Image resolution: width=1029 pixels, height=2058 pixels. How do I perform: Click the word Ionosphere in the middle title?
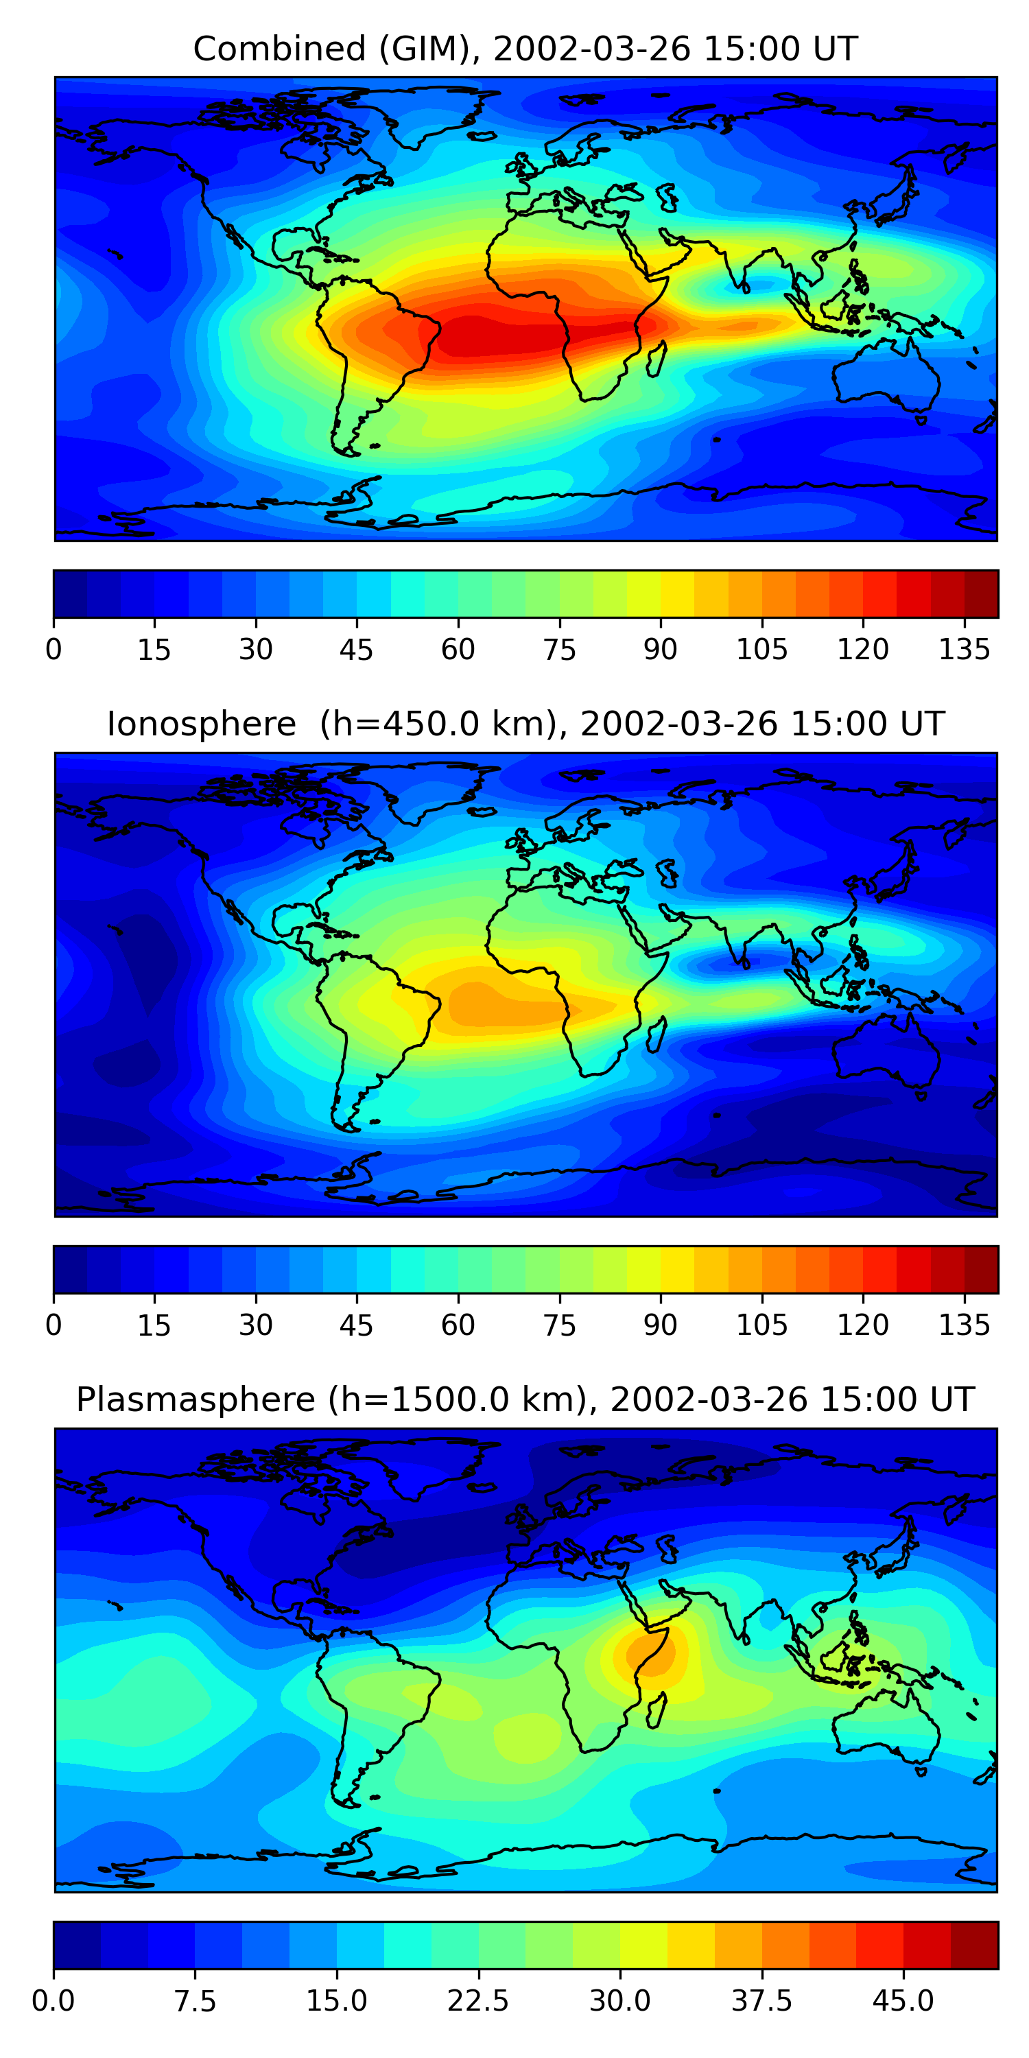point(201,724)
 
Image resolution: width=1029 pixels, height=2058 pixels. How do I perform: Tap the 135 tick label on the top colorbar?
point(965,650)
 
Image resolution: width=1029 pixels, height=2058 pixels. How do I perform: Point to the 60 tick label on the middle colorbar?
point(458,1325)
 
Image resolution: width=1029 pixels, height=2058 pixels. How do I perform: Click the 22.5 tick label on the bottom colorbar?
point(477,2001)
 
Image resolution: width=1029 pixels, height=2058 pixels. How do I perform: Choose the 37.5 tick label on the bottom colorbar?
point(761,2001)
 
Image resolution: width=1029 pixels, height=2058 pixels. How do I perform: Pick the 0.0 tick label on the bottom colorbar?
point(54,2001)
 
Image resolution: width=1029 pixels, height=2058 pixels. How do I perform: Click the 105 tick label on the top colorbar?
point(761,650)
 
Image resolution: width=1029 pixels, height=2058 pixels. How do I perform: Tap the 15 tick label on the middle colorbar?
point(154,1325)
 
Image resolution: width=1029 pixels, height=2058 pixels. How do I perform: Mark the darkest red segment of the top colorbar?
point(981,593)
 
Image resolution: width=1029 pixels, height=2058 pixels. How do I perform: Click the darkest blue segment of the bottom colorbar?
point(77,1945)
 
